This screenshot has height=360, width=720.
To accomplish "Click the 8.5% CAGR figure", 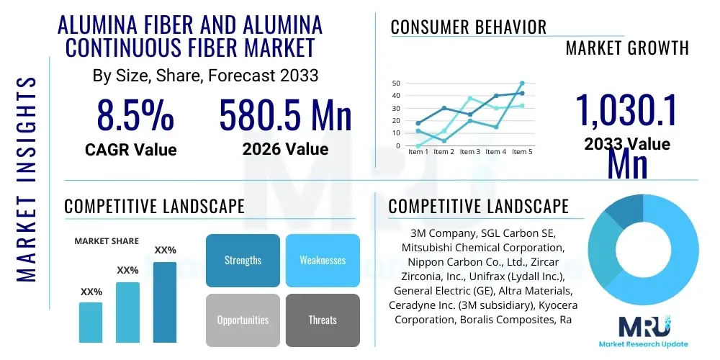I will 135,116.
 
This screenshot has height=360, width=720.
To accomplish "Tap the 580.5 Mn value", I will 285,116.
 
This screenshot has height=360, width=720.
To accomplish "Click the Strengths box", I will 243,260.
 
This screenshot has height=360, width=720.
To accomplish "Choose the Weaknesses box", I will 323,260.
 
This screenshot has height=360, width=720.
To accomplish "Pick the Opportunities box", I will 243,320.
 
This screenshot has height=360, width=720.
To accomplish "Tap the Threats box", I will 323,320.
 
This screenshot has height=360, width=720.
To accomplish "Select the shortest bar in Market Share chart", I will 91,322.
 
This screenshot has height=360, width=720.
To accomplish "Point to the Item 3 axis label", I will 469,152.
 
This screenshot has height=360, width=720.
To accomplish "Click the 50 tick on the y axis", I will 396,83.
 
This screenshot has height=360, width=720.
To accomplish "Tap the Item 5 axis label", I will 521,152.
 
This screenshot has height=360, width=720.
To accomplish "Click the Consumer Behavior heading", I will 469,27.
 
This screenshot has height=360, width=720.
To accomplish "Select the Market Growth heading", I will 627,48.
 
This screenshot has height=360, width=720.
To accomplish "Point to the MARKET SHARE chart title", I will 107,241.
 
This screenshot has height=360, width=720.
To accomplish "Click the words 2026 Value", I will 285,149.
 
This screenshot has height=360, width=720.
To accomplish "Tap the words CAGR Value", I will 130,150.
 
